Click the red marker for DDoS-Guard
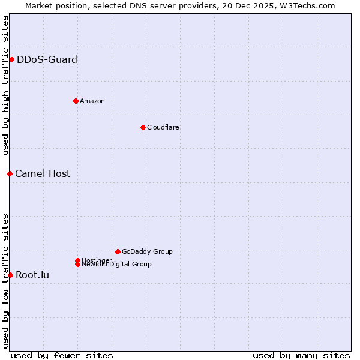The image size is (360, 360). coord(11,59)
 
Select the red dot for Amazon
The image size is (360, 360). coord(76,101)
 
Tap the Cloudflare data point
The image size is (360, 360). coord(143,127)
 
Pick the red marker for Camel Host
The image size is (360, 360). coord(10,173)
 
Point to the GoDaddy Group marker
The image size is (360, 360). coord(118,251)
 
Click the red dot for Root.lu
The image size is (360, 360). coord(10,275)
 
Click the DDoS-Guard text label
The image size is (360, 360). coord(47,59)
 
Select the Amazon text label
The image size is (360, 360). coord(92,101)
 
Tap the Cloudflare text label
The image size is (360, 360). coord(163,127)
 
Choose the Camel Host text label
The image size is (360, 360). coord(43,173)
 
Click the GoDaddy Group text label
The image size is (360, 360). coord(147,251)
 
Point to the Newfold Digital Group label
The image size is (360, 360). coord(116,265)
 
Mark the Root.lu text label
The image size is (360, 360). coord(32,275)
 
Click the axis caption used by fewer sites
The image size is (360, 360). coord(62,355)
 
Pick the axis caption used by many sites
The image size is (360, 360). coord(301,355)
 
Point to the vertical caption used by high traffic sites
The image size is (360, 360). coord(6,85)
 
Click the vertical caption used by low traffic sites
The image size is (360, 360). coord(6,281)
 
